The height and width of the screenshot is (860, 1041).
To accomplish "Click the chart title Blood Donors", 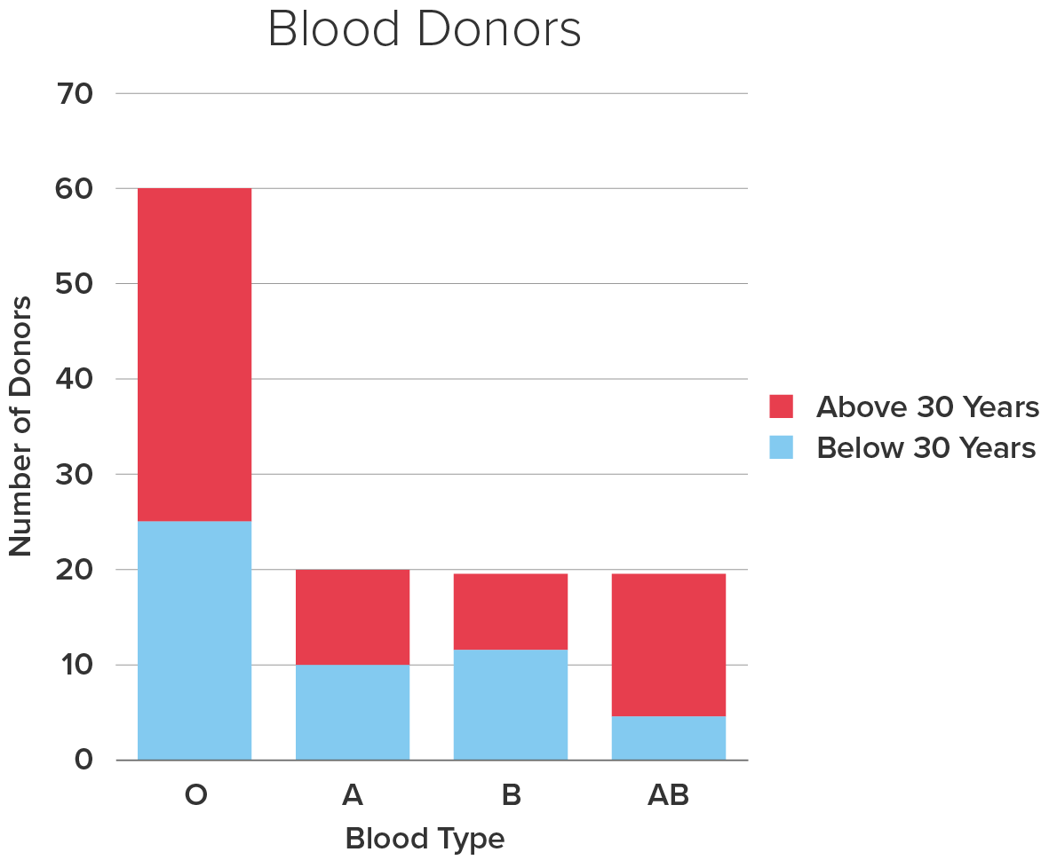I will pos(425,30).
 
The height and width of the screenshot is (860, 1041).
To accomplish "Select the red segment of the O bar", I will pos(195,354).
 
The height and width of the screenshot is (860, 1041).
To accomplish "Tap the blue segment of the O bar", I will pos(195,640).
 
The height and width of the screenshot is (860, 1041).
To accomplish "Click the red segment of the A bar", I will pos(353,617).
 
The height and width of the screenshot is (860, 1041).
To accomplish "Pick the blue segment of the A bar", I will pos(353,712).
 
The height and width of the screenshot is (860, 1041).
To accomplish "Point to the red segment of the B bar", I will pos(511,611).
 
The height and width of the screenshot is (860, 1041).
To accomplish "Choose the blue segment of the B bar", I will pos(511,705).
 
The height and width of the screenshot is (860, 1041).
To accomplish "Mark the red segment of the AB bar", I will pos(669,644).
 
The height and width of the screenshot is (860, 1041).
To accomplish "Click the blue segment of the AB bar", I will pos(669,738).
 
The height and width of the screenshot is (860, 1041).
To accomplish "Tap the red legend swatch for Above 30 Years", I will pos(781,406).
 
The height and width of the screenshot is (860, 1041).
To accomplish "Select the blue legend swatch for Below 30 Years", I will pos(781,447).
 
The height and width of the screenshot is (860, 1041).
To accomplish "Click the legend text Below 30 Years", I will pos(926,447).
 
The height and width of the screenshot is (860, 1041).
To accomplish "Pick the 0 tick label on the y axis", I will pos(84,761).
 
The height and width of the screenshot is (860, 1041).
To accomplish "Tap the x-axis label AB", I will pos(669,795).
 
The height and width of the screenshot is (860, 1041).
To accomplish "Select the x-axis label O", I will pos(195,795).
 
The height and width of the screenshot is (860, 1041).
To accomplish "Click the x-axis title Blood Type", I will pos(425,838).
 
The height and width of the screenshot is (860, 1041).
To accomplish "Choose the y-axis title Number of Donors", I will pos(21,426).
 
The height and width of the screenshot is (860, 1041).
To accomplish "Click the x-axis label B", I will pos(511,795).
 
